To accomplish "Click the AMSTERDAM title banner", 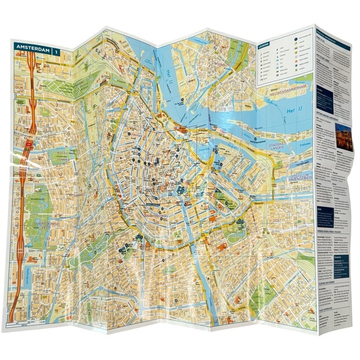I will point(31,48).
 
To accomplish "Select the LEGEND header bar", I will point(263,45).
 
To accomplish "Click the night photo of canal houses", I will point(342,132).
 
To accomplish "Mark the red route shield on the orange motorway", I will point(29,148).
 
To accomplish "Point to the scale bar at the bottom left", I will point(25,323).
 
